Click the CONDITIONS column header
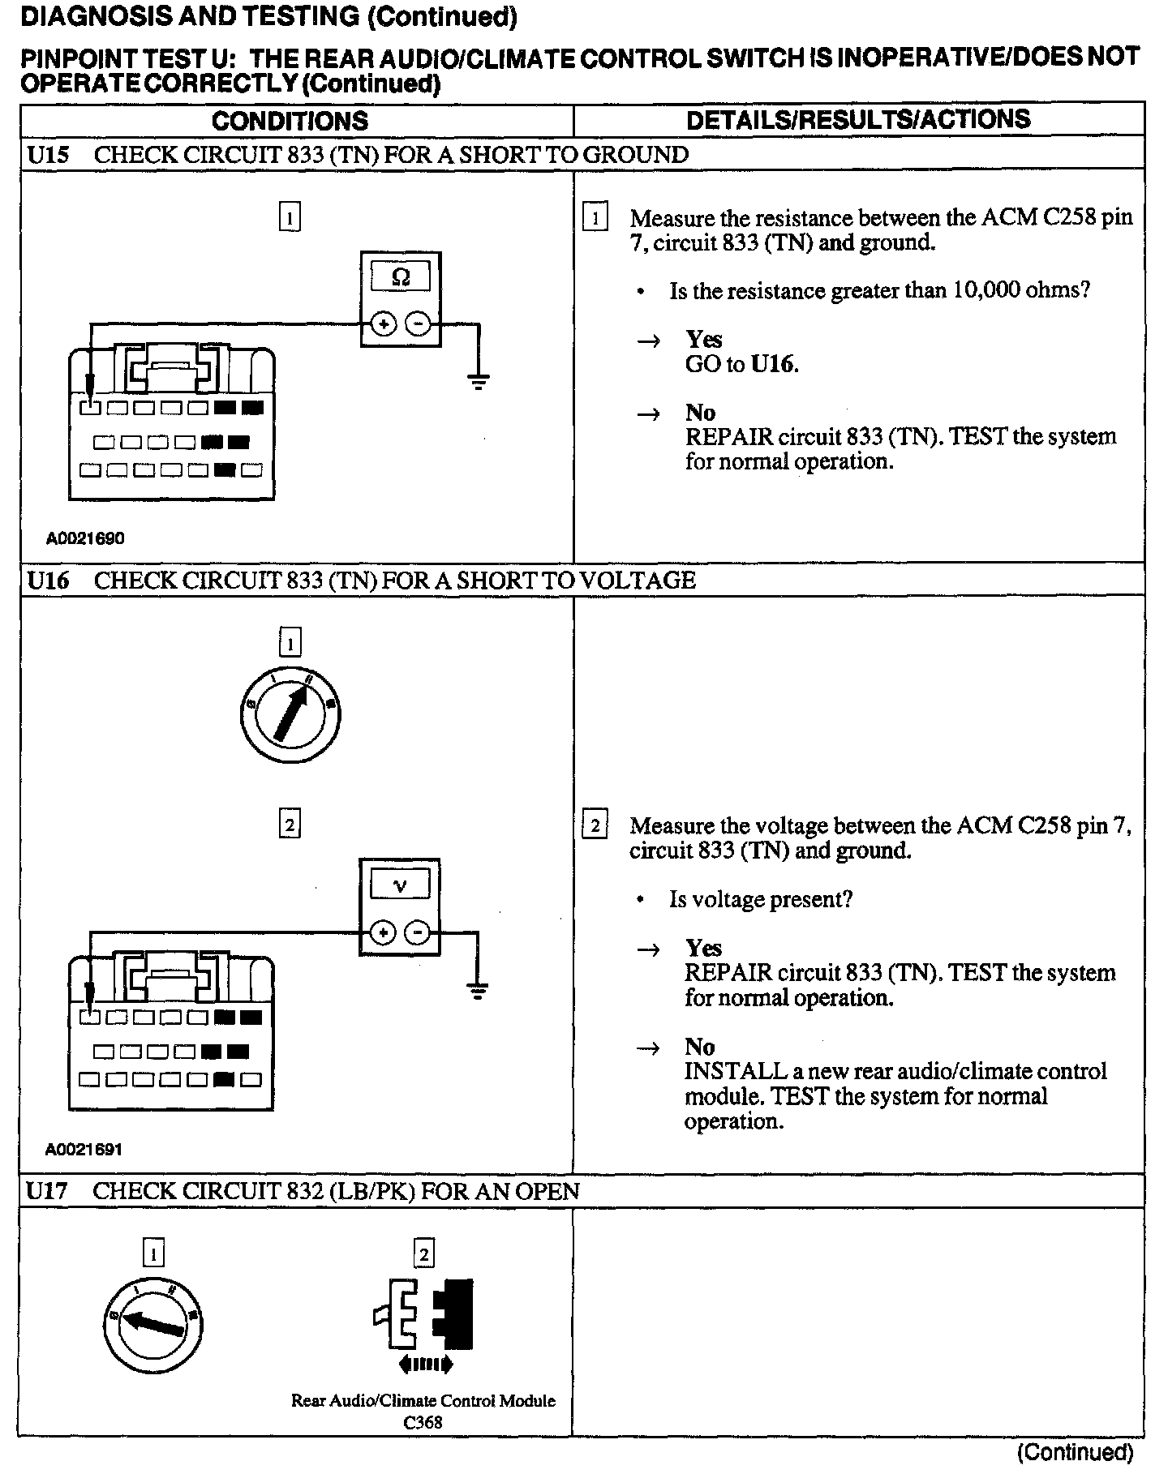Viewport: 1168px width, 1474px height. pyautogui.click(x=290, y=121)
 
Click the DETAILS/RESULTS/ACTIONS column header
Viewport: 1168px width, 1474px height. pyautogui.click(x=858, y=120)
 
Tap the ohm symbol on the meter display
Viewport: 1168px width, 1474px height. pyautogui.click(x=401, y=278)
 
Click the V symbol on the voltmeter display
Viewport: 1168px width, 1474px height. pyautogui.click(x=400, y=885)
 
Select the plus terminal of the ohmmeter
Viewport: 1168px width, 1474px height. pyautogui.click(x=384, y=324)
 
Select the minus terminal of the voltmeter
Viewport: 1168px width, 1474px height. pyautogui.click(x=418, y=932)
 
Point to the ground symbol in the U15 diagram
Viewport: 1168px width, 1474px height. pyautogui.click(x=479, y=380)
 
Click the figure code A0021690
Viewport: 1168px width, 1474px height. pyautogui.click(x=85, y=538)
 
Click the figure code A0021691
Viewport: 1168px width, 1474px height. pyautogui.click(x=84, y=1149)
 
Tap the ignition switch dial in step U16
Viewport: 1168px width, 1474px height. pyautogui.click(x=290, y=714)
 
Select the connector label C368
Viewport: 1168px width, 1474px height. pyautogui.click(x=423, y=1422)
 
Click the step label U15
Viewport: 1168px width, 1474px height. pyautogui.click(x=48, y=155)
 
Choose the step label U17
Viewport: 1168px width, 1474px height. pyautogui.click(x=47, y=1191)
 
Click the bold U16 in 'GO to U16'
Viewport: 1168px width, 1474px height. pyautogui.click(x=773, y=364)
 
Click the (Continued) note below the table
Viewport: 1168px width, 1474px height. pyautogui.click(x=1075, y=1452)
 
